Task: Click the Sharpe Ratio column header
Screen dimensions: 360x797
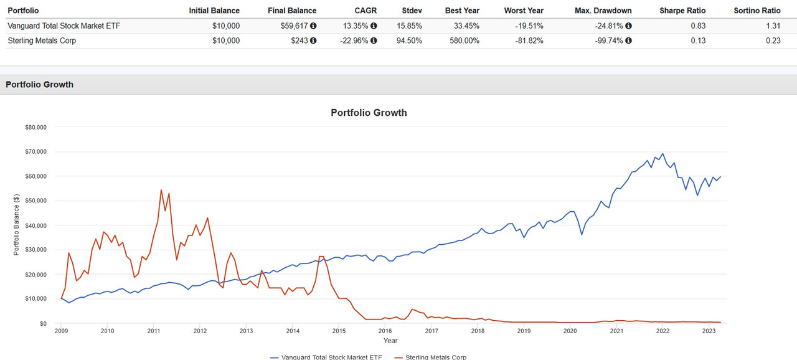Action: (x=682, y=11)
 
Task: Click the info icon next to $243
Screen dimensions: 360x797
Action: (x=313, y=40)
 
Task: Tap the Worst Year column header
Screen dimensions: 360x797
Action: (x=523, y=11)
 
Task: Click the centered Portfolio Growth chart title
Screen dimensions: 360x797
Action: (x=369, y=113)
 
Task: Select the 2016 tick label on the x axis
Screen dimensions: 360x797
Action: (x=385, y=331)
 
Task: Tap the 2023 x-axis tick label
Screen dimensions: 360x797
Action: (x=709, y=331)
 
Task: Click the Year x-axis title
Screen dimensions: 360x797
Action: (x=390, y=341)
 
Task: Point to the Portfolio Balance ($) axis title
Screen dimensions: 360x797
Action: (x=17, y=225)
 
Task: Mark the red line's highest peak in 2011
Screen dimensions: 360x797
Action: (x=161, y=190)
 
